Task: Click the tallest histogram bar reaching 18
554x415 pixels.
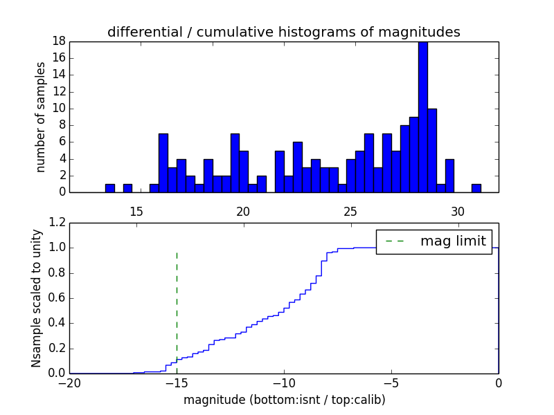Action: coord(422,118)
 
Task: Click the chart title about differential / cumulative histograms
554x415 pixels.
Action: coord(283,32)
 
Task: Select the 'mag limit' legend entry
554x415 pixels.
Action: coord(453,241)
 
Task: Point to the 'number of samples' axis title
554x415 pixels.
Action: coord(41,116)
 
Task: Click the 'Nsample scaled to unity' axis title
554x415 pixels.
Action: coord(37,298)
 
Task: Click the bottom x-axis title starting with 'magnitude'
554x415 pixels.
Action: coord(284,400)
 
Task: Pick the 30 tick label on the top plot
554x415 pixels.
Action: coord(458,211)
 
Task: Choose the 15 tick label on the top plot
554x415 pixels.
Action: coord(136,211)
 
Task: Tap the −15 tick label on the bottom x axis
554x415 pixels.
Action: coord(177,382)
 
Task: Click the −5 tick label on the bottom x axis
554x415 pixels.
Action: coord(391,382)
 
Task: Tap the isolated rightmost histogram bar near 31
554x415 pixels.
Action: coord(476,188)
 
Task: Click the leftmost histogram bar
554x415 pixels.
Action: coord(109,188)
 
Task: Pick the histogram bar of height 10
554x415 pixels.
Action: coord(431,151)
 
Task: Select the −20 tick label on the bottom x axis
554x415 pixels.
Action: coord(69,382)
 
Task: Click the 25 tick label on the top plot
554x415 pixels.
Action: coord(350,211)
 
